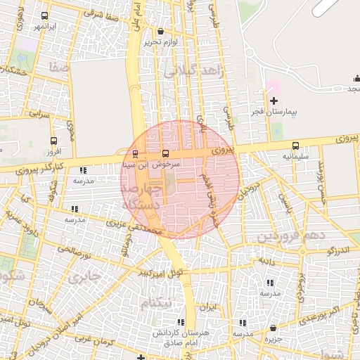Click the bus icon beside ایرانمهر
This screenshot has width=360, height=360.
coord(46,15)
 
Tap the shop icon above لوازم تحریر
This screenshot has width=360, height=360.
coord(161,32)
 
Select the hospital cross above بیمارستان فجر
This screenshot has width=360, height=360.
coord(274,102)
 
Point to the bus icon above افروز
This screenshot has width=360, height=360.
coord(55,141)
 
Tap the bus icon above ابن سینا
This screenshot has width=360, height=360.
coord(135,154)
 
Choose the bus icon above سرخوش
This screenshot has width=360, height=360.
coord(166,153)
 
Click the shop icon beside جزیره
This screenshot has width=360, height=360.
coord(273,328)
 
